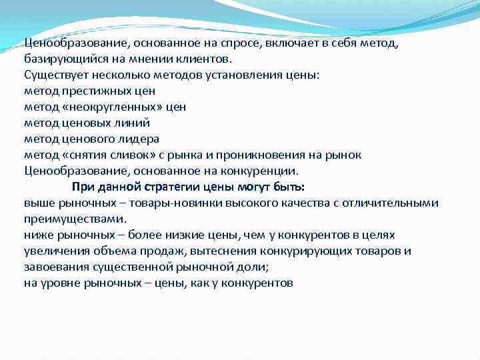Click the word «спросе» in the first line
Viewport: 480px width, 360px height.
239,43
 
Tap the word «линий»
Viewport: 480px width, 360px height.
132,122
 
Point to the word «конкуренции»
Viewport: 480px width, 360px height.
259,171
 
